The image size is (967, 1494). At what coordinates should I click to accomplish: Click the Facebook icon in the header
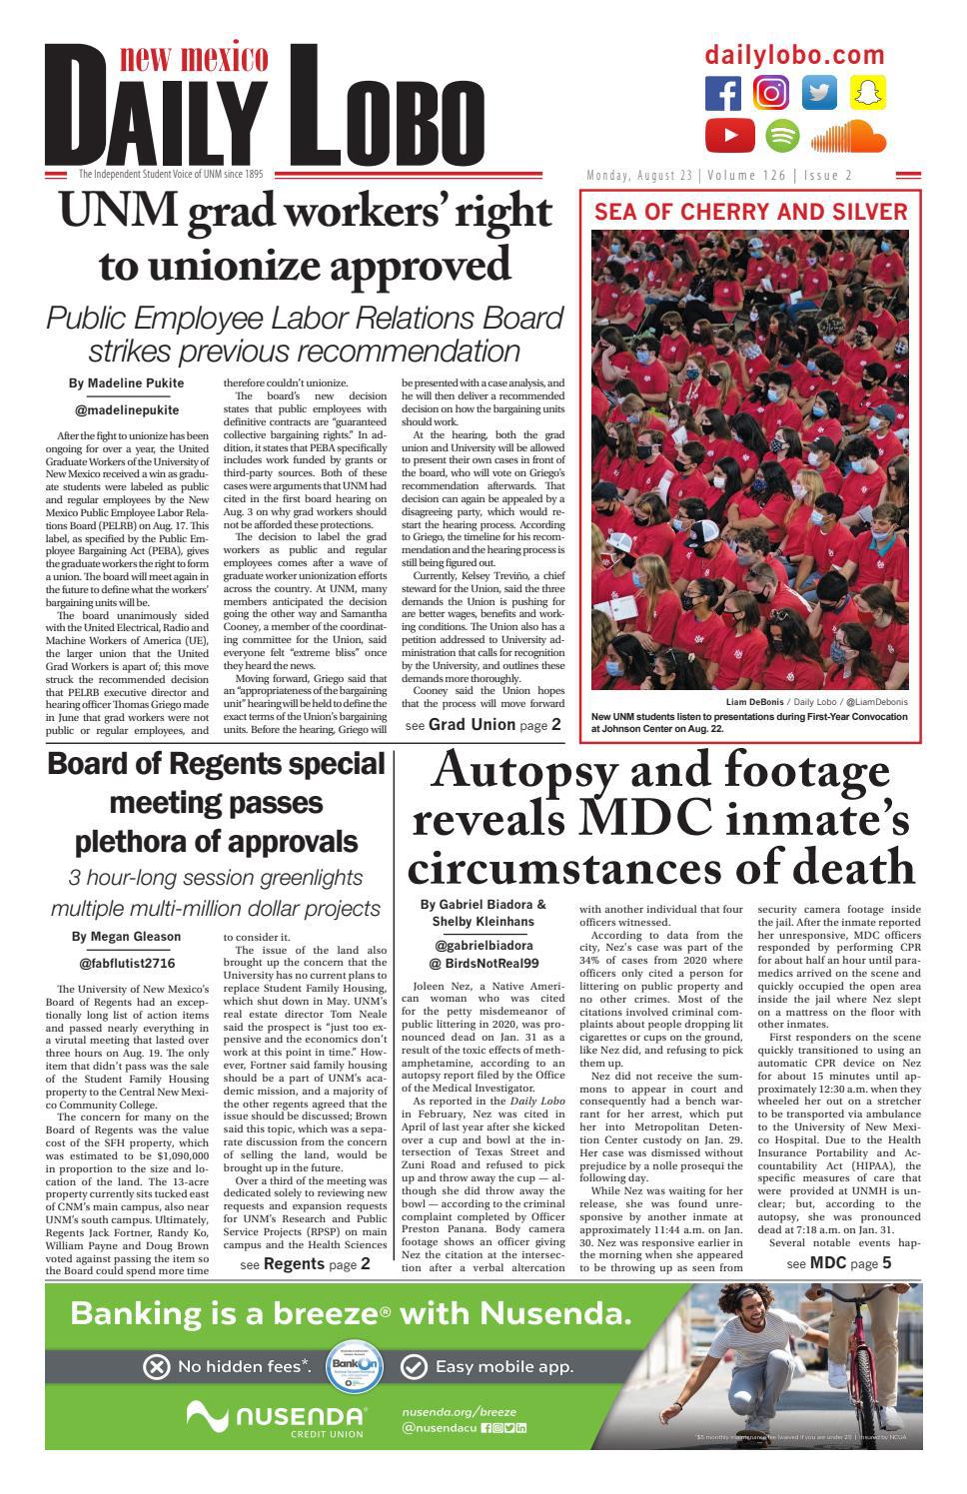[x=723, y=93]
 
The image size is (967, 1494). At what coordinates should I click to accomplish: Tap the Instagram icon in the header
[x=771, y=93]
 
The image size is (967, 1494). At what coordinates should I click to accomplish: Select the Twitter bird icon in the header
[x=820, y=93]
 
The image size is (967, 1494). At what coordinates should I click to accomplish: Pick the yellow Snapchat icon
[x=868, y=93]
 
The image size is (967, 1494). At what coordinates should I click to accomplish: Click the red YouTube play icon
[x=730, y=135]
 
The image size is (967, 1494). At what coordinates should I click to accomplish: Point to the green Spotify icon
[x=782, y=135]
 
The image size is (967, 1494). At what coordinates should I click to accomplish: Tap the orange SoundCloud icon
[x=848, y=136]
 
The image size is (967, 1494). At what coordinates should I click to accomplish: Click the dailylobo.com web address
[x=794, y=56]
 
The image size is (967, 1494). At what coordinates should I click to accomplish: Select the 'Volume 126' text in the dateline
[x=748, y=176]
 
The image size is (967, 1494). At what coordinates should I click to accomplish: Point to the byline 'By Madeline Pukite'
[x=127, y=383]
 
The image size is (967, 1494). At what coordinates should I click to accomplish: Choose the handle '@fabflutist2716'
[x=127, y=964]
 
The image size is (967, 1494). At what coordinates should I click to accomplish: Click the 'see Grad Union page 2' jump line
[x=483, y=725]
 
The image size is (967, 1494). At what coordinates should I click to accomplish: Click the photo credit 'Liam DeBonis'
[x=761, y=702]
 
